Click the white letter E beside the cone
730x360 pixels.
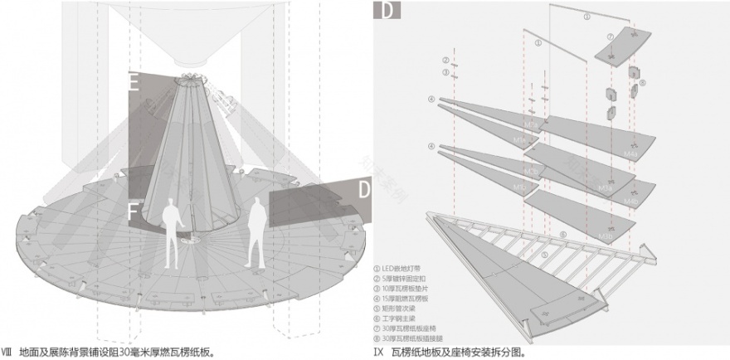click(x=134, y=81)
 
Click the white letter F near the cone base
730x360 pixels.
click(x=134, y=212)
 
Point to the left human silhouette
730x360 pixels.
click(x=173, y=236)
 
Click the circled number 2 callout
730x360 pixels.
click(x=445, y=61)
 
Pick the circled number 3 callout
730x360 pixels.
click(x=445, y=73)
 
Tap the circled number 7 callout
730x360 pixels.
click(x=610, y=37)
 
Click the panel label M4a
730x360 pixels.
click(x=630, y=155)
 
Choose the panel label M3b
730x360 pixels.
click(x=606, y=236)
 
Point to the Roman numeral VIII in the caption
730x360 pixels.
click(x=7, y=352)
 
